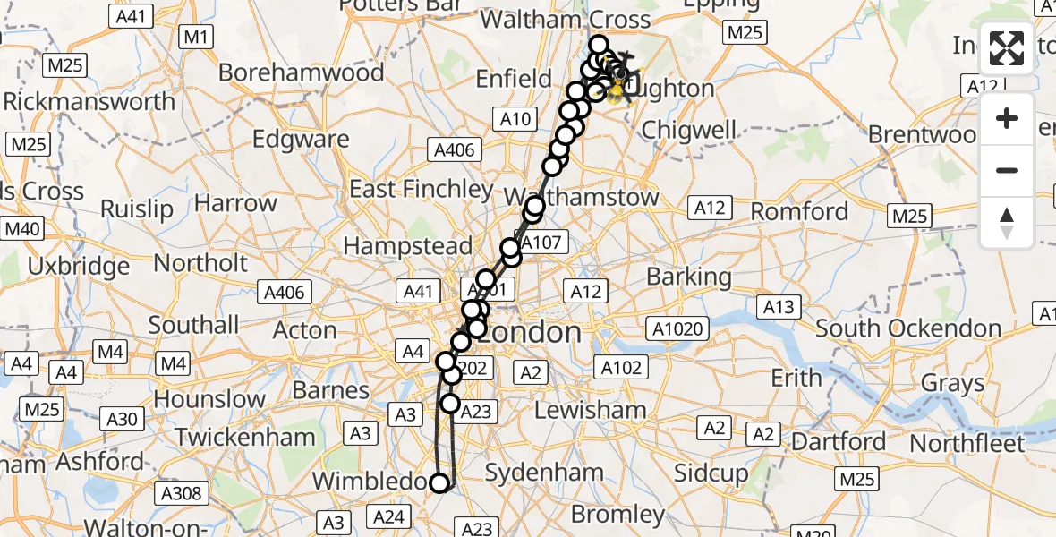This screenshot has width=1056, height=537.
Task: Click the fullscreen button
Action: pyautogui.click(x=1007, y=48)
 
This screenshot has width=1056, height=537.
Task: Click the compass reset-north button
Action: pyautogui.click(x=1007, y=222)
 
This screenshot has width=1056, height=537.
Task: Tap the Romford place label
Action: pyautogui.click(x=799, y=212)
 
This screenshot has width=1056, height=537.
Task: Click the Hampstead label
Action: pyautogui.click(x=407, y=245)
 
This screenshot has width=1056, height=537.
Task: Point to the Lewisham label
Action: pyautogui.click(x=590, y=410)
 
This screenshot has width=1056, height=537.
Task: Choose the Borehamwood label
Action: pyautogui.click(x=302, y=72)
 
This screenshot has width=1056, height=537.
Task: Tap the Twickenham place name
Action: pyautogui.click(x=245, y=438)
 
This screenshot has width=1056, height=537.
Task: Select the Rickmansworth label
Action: pyautogui.click(x=89, y=101)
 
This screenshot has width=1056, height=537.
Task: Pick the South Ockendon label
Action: pyautogui.click(x=907, y=328)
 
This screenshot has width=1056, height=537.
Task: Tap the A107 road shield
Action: pyautogui.click(x=541, y=242)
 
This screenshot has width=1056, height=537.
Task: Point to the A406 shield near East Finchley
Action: pyautogui.click(x=453, y=149)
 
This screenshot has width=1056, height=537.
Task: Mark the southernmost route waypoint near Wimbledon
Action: pyautogui.click(x=439, y=483)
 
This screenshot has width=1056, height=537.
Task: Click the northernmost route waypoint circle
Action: pyautogui.click(x=598, y=44)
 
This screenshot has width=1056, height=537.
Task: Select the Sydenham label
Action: pyautogui.click(x=544, y=472)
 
